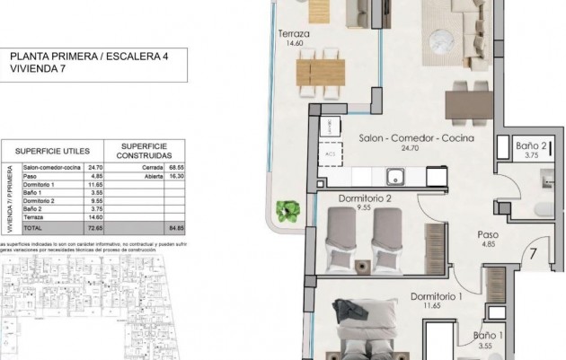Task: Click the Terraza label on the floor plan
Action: pyautogui.click(x=294, y=35)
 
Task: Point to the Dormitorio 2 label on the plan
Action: pyautogui.click(x=365, y=198)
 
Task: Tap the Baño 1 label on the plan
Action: pyautogui.click(x=489, y=337)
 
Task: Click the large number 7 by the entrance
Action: pyautogui.click(x=533, y=253)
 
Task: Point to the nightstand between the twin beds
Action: pyautogui.click(x=362, y=266)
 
